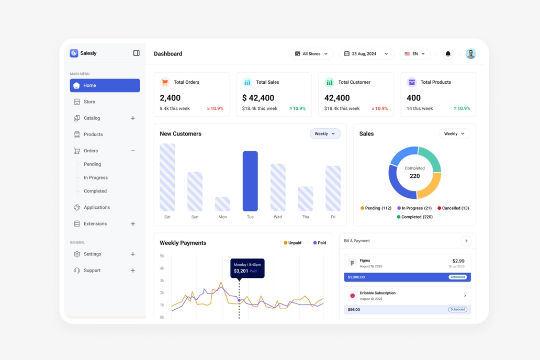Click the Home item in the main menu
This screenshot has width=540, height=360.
(105, 85)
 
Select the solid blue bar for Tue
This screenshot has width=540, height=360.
(250, 181)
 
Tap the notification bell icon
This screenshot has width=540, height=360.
(448, 54)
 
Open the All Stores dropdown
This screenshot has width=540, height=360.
(311, 54)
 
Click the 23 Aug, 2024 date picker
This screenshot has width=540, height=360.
(366, 54)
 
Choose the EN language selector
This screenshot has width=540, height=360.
(414, 54)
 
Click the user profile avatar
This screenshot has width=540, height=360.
(471, 54)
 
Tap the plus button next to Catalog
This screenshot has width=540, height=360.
(133, 118)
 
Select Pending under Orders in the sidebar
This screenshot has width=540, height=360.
(92, 164)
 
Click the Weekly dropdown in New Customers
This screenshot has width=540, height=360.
(325, 133)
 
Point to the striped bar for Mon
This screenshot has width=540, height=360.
(222, 204)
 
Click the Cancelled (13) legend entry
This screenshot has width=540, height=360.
(453, 208)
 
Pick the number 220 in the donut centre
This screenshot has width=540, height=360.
(414, 176)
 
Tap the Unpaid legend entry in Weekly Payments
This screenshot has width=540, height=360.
(292, 243)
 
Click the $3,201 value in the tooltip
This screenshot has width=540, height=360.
(241, 271)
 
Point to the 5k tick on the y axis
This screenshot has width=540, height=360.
(162, 256)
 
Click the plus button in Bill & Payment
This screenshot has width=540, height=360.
(466, 241)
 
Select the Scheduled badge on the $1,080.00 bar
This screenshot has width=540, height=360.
(458, 277)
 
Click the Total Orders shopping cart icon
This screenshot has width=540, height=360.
(165, 82)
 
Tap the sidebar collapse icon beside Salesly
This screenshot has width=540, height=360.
(137, 53)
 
